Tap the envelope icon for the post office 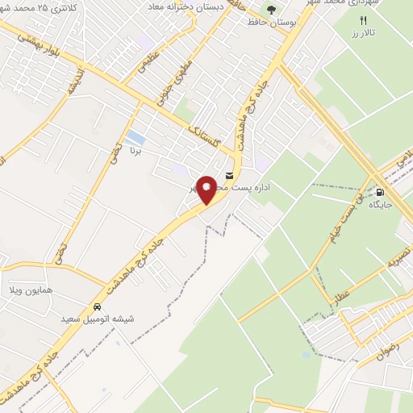[x=231, y=175]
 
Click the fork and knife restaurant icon [x=362, y=21]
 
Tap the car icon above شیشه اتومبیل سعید [x=98, y=307]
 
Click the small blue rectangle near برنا [x=136, y=137]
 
